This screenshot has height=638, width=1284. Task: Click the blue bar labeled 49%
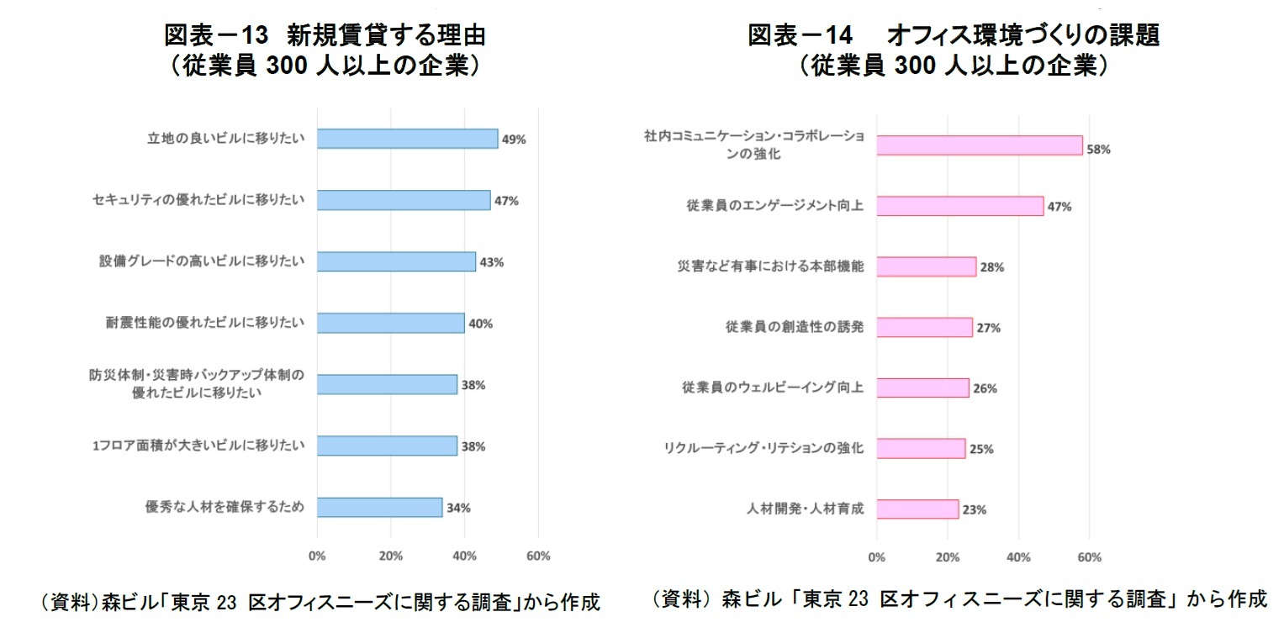click(x=407, y=139)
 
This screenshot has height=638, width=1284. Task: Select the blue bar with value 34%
click(x=379, y=508)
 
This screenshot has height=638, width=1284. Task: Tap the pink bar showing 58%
click(x=979, y=145)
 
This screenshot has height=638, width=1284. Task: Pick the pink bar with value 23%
click(x=917, y=509)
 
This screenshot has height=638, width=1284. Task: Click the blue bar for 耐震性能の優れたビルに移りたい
click(x=390, y=323)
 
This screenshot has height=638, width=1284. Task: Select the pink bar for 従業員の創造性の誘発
click(x=924, y=327)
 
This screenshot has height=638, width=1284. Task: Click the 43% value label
click(x=491, y=262)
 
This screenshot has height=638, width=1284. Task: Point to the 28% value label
click(x=992, y=267)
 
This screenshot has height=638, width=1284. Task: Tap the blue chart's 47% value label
click(x=506, y=201)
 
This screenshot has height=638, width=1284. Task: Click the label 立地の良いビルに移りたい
click(x=225, y=139)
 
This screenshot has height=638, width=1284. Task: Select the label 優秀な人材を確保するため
click(x=225, y=507)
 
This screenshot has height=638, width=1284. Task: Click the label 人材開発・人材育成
click(x=805, y=509)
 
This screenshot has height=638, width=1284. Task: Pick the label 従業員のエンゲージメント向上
click(x=774, y=205)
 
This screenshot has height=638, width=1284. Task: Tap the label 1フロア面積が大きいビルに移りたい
click(x=198, y=446)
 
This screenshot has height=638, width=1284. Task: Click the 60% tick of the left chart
click(x=538, y=556)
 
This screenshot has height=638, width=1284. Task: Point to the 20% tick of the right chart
click(x=948, y=557)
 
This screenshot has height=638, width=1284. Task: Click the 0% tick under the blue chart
click(x=317, y=556)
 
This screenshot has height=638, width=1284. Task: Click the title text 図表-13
click(x=214, y=35)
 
